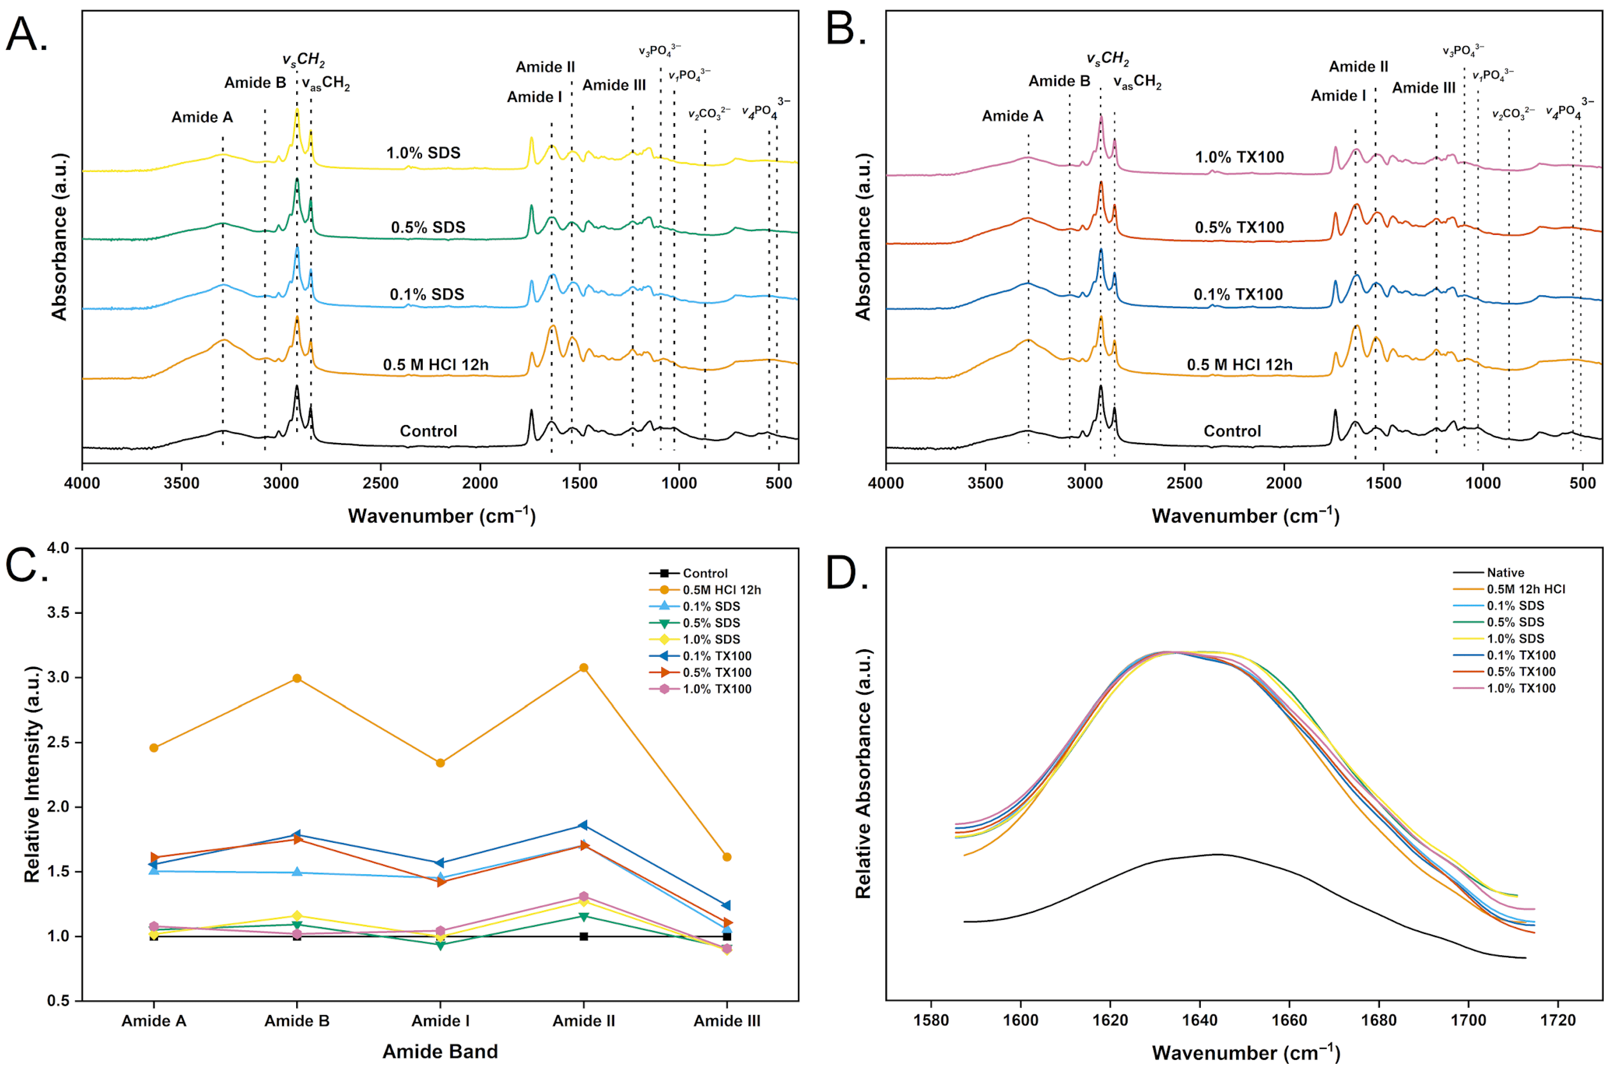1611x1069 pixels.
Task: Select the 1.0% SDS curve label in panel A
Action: click(423, 153)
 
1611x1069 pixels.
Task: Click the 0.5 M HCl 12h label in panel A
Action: click(436, 365)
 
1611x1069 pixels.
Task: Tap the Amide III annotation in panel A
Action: click(614, 85)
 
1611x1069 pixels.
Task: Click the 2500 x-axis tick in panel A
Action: click(380, 483)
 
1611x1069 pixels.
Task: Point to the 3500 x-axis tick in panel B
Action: click(985, 483)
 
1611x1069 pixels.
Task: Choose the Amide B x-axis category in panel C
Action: click(296, 1021)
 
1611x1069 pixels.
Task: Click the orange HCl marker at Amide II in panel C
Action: click(583, 668)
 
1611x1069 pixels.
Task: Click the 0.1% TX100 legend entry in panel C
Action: click(716, 656)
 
